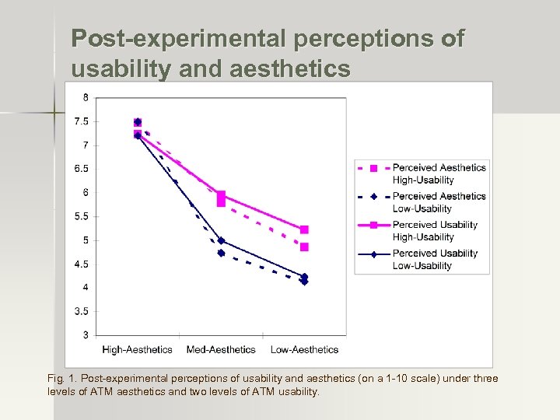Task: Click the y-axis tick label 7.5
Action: (x=80, y=121)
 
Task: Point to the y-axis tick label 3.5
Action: (x=80, y=311)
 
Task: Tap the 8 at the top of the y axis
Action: (x=85, y=97)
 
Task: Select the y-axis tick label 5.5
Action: (x=80, y=216)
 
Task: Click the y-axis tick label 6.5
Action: (x=80, y=169)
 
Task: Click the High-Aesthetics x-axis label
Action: (x=138, y=350)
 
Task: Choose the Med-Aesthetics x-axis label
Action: (x=221, y=350)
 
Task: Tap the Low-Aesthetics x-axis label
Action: (x=304, y=350)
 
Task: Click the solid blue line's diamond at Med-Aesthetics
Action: (x=221, y=240)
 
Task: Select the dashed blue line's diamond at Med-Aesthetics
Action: (x=221, y=253)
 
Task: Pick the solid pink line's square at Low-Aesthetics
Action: (x=304, y=229)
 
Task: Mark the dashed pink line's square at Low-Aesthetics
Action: (x=304, y=247)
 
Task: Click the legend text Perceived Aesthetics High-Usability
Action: (x=439, y=173)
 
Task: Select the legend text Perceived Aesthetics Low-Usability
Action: (x=439, y=202)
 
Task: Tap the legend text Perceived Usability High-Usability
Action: (x=435, y=231)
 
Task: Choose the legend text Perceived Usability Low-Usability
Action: (x=435, y=259)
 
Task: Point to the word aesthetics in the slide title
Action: (x=290, y=69)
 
